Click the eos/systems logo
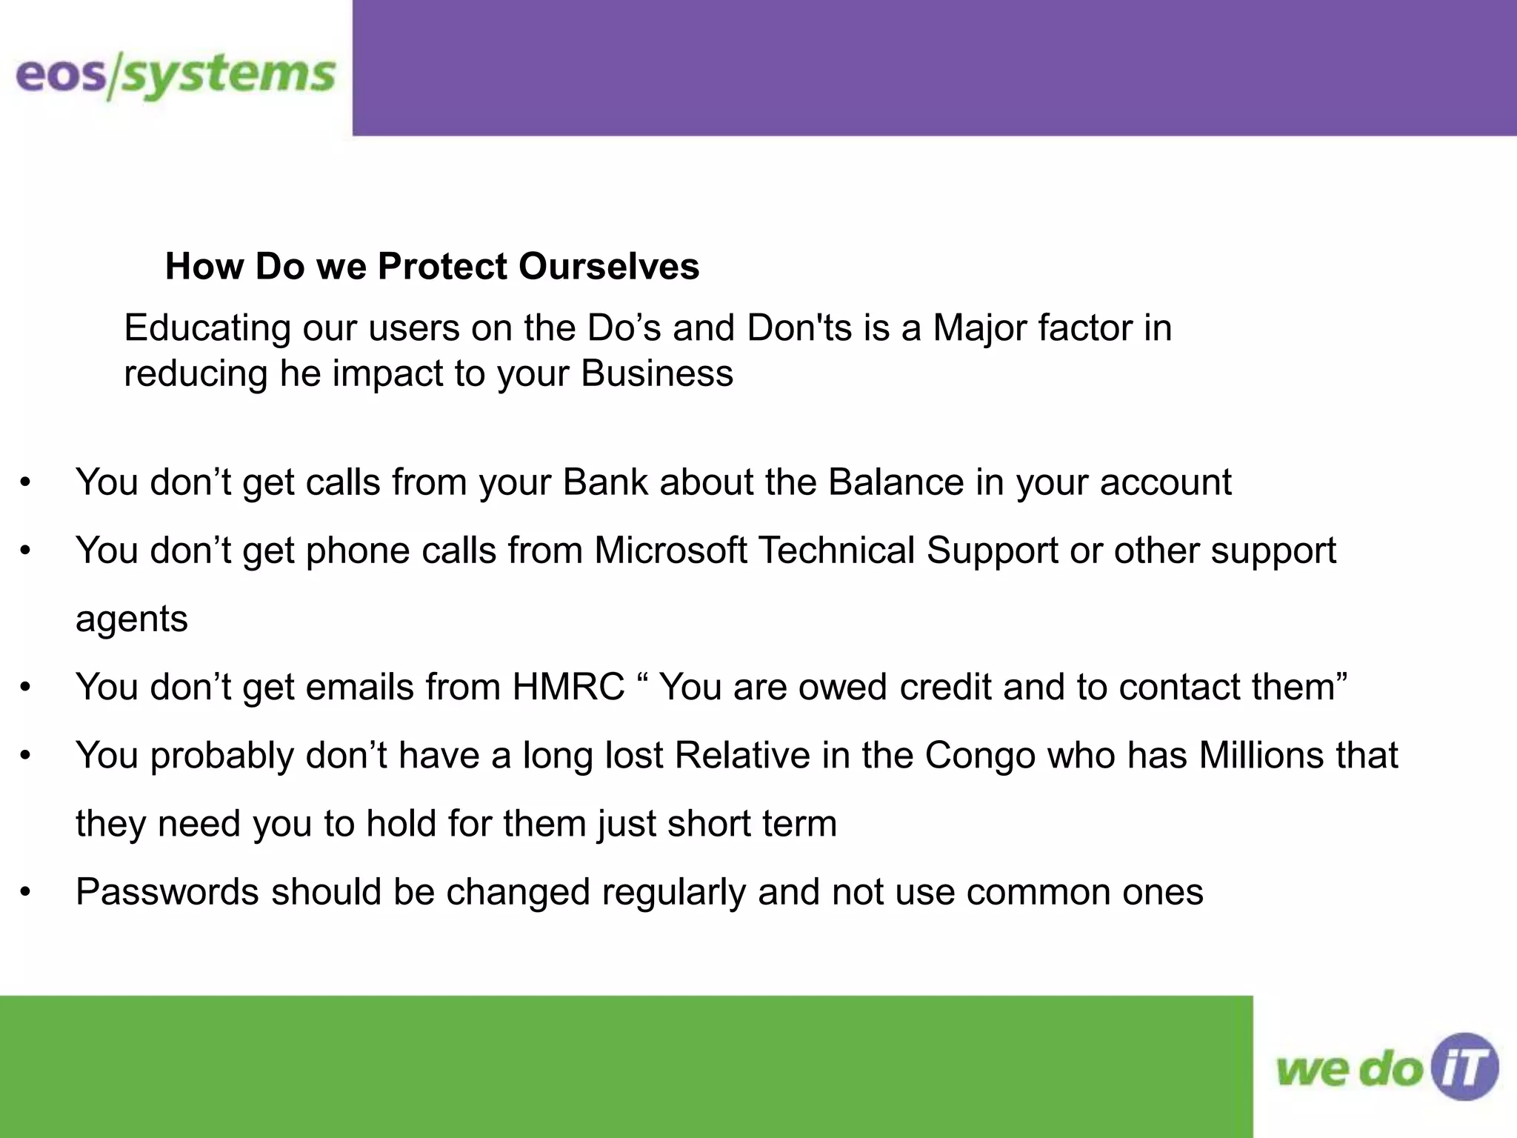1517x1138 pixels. point(176,76)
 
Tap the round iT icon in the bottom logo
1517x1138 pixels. point(1464,1067)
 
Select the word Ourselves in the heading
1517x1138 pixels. point(608,266)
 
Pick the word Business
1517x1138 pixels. point(657,373)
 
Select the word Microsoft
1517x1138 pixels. point(670,550)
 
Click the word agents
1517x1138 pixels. point(132,619)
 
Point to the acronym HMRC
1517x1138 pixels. point(568,687)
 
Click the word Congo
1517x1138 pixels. point(980,756)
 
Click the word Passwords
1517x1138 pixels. point(167,892)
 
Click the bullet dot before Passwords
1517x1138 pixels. point(26,892)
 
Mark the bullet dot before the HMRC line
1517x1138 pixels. point(26,688)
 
